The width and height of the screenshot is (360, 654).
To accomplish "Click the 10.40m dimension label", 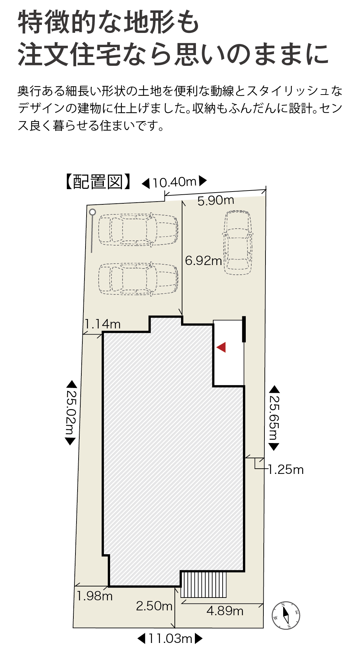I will [174, 182].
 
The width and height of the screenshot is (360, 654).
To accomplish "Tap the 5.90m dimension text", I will [216, 200].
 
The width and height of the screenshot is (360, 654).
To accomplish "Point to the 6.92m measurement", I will [203, 260].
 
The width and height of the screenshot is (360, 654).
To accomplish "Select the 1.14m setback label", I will [103, 324].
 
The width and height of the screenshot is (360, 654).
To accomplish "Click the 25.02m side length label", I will [71, 412].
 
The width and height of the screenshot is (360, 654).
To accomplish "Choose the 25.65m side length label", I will [274, 417].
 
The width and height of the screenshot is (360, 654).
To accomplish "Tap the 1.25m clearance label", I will [286, 470].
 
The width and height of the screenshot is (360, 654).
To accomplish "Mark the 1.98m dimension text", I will [94, 596].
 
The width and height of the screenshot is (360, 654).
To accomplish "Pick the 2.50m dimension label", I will [154, 606].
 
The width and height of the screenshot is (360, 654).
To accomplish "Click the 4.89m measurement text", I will [225, 611].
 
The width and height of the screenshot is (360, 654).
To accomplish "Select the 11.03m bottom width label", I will [170, 638].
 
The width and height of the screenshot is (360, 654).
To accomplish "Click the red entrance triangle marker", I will [221, 347].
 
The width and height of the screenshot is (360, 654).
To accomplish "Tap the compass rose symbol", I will [286, 615].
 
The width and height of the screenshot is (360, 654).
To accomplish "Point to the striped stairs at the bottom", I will [204, 585].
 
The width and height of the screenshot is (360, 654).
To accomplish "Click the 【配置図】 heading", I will [98, 182].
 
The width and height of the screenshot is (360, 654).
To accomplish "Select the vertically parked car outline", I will [237, 242].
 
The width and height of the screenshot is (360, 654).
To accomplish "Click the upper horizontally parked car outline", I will [138, 230].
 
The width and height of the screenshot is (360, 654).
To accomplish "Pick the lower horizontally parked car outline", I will [138, 279].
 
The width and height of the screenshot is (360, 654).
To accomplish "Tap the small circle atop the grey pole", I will [92, 212].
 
